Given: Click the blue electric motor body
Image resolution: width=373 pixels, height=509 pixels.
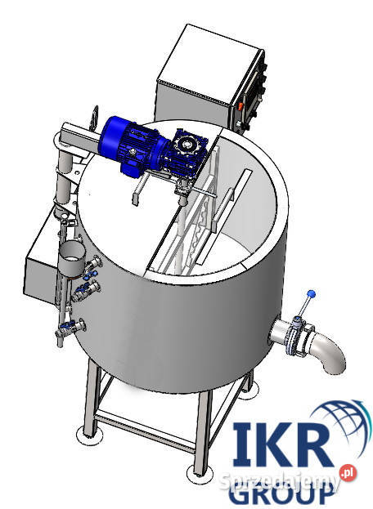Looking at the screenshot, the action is pos(130,145).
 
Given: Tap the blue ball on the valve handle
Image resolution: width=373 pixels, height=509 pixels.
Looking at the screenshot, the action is pos(311,294).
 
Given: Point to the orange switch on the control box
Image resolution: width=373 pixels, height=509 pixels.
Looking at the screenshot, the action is pos(240,106).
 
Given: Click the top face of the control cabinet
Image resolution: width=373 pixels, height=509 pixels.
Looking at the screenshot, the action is pos(209,62).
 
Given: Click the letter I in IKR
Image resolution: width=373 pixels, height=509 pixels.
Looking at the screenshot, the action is pos(242,444).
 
